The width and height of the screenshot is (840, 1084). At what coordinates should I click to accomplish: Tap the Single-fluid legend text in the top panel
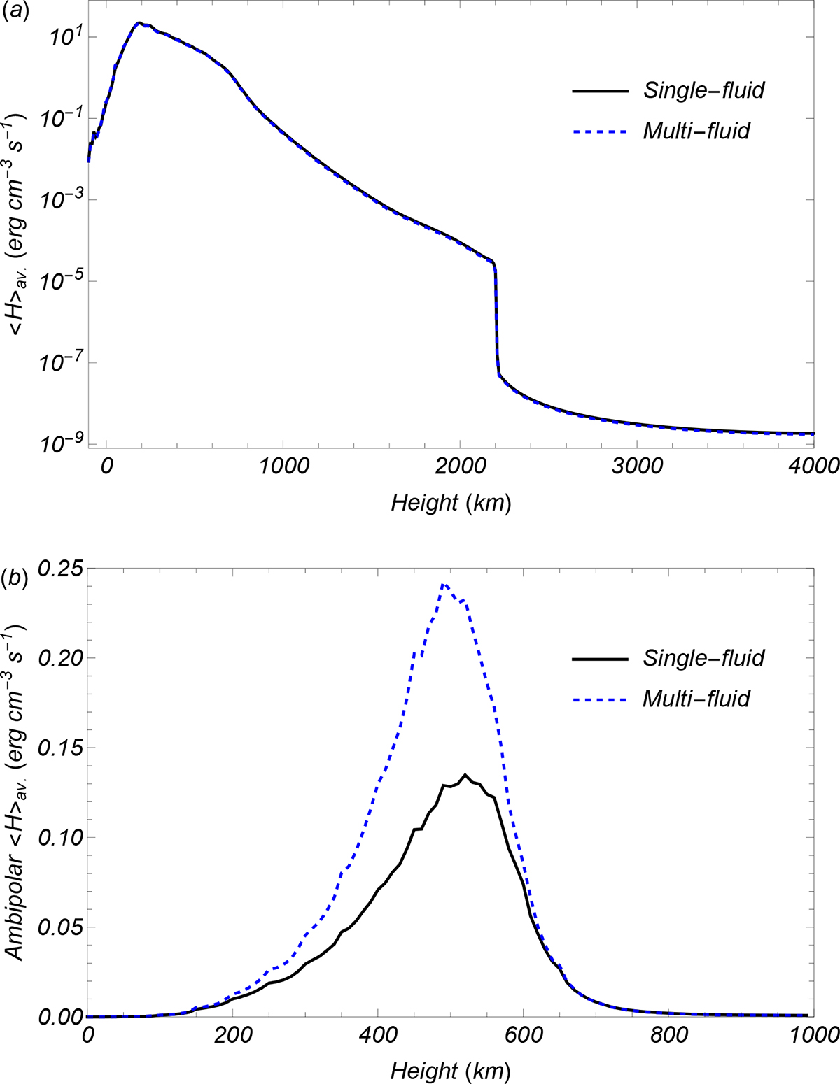(703, 90)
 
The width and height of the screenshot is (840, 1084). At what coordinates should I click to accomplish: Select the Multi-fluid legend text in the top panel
(696, 130)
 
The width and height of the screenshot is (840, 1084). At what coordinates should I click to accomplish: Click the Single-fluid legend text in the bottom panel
(703, 657)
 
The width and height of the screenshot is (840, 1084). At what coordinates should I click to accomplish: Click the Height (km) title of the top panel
(451, 502)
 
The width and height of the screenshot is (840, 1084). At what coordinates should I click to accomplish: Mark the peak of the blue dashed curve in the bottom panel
(443, 584)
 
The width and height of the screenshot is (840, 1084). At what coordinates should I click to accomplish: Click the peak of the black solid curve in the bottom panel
(465, 775)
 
